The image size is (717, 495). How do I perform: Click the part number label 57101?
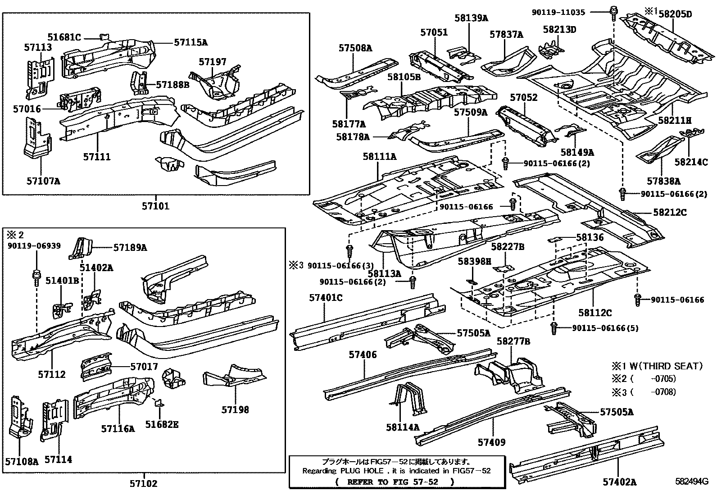tap(155, 206)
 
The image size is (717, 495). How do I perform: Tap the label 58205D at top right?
tap(675, 14)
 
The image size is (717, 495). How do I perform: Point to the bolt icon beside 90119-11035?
tap(613, 12)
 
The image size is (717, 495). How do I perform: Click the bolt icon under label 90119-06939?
tap(36, 276)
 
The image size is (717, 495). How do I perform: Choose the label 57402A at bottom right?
tap(619, 482)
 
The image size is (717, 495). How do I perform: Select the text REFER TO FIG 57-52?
tap(395, 481)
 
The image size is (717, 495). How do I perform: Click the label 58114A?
tap(402, 427)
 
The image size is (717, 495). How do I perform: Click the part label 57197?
tap(213, 62)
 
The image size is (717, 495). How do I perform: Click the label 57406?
tap(363, 355)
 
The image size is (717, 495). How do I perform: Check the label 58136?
tap(590, 237)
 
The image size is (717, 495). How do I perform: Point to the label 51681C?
tap(65, 37)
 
